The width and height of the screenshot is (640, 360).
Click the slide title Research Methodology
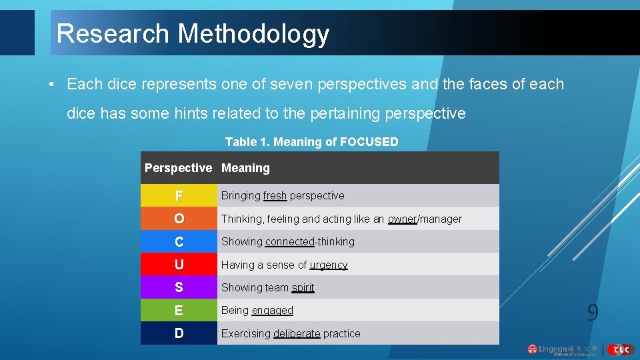tap(193, 33)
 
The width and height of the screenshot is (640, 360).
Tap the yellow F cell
tap(179, 196)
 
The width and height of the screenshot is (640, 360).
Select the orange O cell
tap(179, 219)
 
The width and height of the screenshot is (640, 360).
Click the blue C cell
tap(179, 241)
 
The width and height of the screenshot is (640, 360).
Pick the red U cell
tap(179, 265)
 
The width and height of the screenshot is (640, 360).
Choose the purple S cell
tap(179, 287)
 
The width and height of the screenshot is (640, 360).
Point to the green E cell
tap(179, 311)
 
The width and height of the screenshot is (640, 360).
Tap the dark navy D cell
tap(179, 333)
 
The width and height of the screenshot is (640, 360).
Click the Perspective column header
tap(178, 168)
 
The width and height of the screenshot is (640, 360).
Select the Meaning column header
tap(245, 168)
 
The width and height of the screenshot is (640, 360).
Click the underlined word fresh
tap(275, 196)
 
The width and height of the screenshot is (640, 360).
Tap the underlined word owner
tap(402, 219)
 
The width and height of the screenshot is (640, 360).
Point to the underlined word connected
tap(290, 241)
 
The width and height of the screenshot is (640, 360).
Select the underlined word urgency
tap(329, 265)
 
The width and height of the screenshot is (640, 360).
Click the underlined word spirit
tap(303, 288)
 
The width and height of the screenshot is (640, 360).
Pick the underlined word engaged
tap(272, 311)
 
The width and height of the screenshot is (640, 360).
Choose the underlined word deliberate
tap(297, 333)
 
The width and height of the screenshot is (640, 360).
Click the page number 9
tap(593, 313)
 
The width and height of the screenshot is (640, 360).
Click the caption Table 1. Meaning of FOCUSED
tap(311, 141)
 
